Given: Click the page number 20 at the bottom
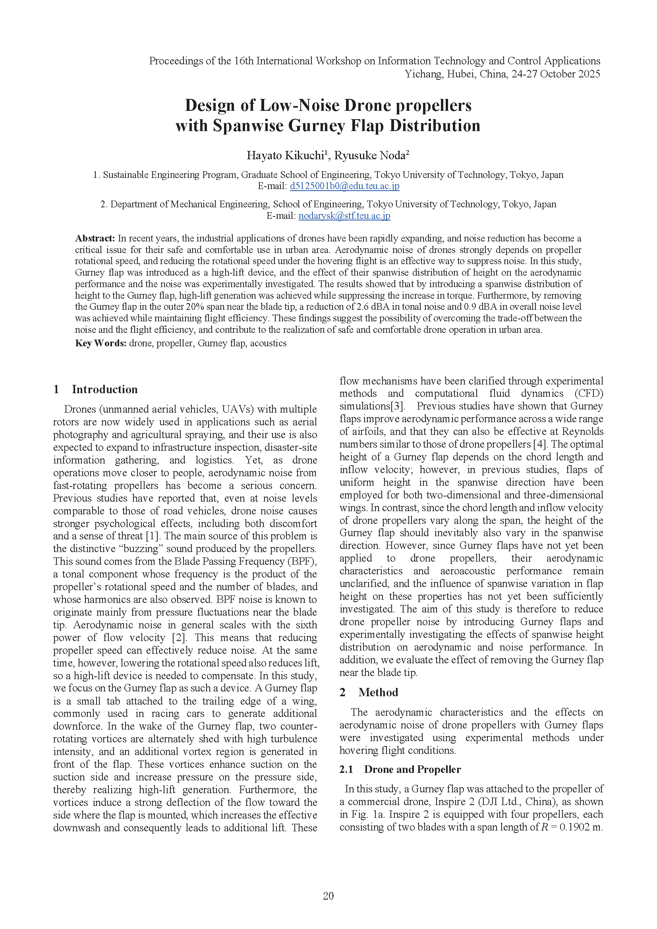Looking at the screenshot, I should pos(328,896).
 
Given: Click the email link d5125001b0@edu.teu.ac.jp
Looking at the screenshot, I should pos(344,186).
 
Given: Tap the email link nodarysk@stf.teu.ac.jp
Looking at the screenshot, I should pos(344,216).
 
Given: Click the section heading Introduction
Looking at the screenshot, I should pos(105,389).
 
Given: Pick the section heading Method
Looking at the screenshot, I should pos(378,692).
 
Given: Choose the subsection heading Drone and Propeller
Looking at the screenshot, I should pos(412,769).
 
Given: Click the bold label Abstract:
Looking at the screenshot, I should pos(95,238).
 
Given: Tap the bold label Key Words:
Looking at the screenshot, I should pos(101,343).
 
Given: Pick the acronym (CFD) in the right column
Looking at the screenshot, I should pos(589,393).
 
